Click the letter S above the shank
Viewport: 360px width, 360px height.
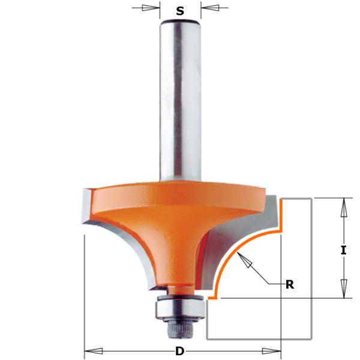pyautogui.click(x=180, y=11)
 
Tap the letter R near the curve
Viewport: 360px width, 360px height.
pyautogui.click(x=290, y=284)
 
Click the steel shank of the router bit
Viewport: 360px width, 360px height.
pyautogui.click(x=180, y=102)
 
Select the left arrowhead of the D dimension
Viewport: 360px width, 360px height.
pyautogui.click(x=90, y=350)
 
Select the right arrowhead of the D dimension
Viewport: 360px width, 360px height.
pyautogui.click(x=276, y=350)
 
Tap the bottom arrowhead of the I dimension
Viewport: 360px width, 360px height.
pyautogui.click(x=343, y=290)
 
